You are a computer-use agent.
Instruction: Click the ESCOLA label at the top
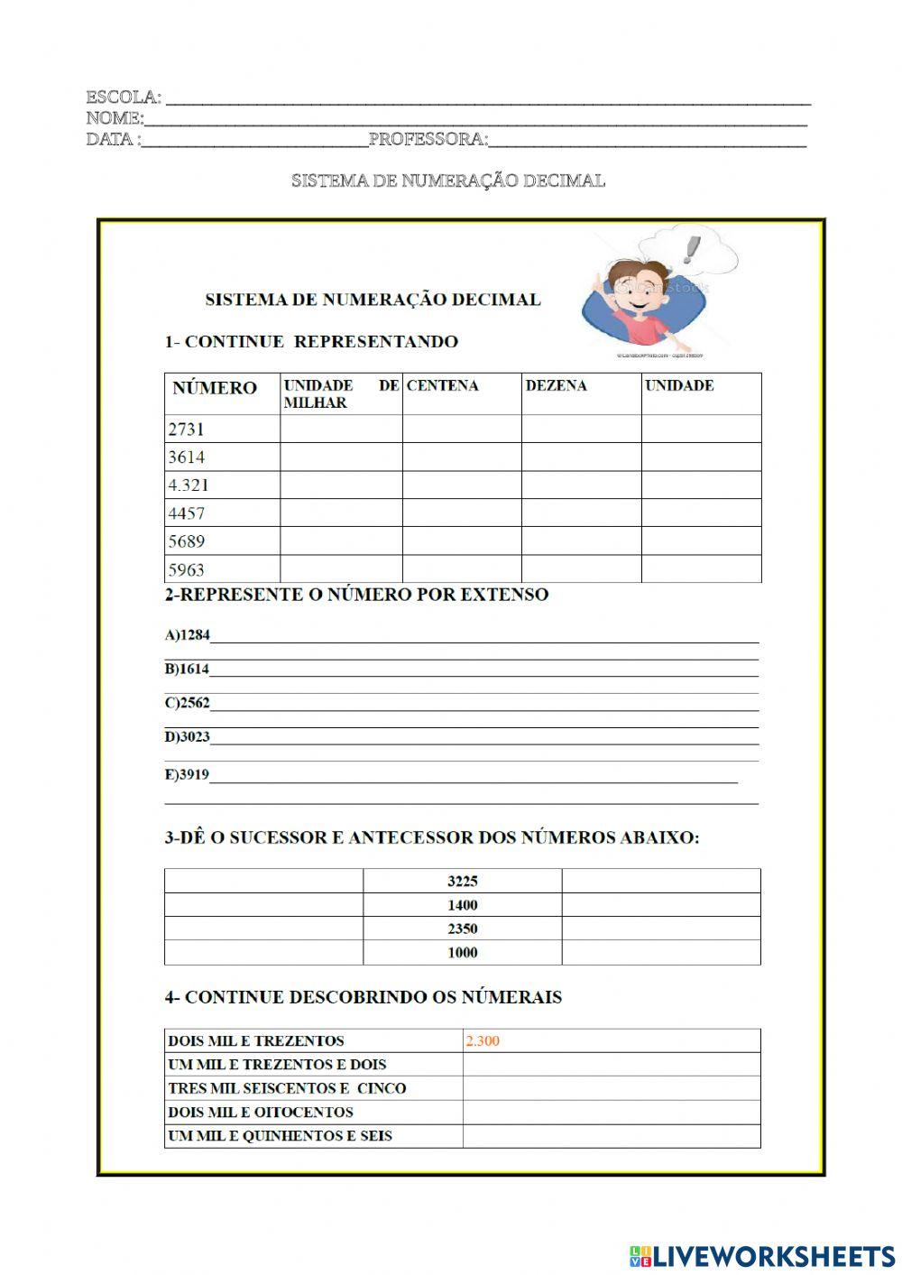(124, 97)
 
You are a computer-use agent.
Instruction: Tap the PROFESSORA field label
(428, 139)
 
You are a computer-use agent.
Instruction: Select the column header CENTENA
(442, 385)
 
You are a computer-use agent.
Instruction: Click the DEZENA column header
(556, 385)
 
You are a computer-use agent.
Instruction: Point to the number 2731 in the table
(187, 429)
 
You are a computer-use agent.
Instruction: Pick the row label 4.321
(189, 485)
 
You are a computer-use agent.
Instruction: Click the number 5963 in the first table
(187, 569)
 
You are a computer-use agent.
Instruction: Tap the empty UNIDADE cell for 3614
(701, 457)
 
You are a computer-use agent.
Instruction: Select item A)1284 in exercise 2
(187, 635)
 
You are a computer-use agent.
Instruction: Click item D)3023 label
(187, 736)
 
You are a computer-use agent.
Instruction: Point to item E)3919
(187, 774)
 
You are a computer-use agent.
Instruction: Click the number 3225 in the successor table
(462, 881)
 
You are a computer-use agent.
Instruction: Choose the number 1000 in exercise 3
(462, 952)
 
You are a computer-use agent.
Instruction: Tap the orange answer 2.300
(483, 1040)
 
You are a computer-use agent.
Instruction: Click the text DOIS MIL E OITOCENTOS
(261, 1112)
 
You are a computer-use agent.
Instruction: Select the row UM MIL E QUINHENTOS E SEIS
(280, 1135)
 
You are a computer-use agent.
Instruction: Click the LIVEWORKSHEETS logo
(761, 1255)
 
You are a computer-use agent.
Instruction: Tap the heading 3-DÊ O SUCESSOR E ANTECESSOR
(431, 837)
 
